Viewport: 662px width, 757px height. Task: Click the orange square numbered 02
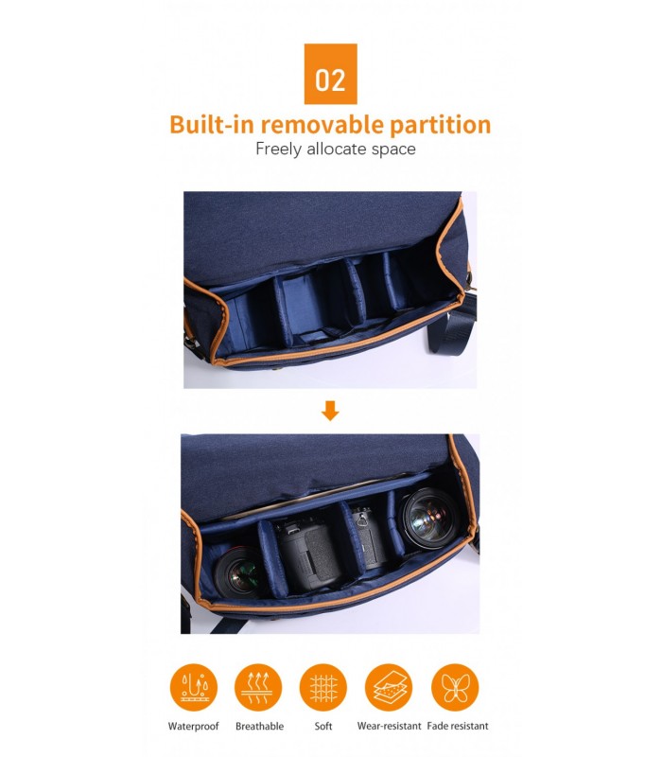point(330,74)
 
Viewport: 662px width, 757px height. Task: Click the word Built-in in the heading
point(212,125)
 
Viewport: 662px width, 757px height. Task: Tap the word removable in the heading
point(322,125)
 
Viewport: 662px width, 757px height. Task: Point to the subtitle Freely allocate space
point(336,149)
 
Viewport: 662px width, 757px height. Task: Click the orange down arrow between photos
point(330,411)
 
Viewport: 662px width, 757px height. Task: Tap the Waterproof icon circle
point(194,687)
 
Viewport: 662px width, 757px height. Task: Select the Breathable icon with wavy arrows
point(258,687)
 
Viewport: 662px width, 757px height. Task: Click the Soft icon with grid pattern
point(323,687)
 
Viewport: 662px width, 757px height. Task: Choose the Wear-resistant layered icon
point(389,687)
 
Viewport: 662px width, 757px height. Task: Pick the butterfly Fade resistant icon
point(455,687)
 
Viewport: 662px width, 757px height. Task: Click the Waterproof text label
point(194,726)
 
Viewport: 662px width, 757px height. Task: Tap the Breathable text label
point(259,726)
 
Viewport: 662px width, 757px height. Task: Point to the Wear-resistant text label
point(389,726)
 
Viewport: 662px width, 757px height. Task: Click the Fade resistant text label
point(458,726)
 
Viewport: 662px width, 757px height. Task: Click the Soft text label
point(323,726)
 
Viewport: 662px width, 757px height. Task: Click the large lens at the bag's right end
point(427,518)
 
